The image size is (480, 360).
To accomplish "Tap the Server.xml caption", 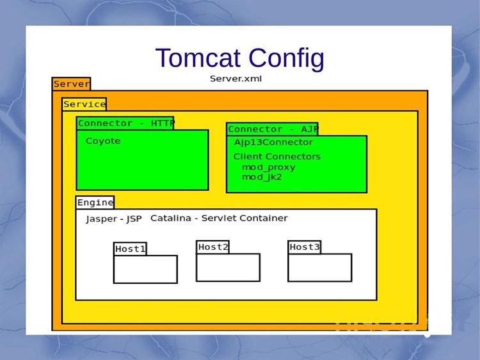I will coord(236,79).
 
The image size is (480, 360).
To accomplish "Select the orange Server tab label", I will coord(71,84).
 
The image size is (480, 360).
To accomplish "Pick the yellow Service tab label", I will coord(84,104).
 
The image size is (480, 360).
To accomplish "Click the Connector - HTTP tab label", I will coord(125,123).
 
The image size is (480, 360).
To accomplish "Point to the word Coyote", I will coord(103,141).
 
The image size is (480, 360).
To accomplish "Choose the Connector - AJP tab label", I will coord(273,129).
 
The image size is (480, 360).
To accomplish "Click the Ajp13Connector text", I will coord(273,142).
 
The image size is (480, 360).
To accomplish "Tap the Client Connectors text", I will coord(276,156).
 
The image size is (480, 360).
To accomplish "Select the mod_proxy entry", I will coord(268,167).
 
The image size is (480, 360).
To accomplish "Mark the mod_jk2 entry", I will coord(262,177).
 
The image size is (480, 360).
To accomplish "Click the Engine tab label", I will coord(95,202).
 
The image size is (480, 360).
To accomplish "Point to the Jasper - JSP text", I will coord(113,219).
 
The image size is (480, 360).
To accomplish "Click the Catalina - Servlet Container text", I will coord(219,218).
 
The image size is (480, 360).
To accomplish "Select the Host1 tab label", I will coord(131,249).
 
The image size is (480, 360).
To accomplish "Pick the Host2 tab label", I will coord(213,247).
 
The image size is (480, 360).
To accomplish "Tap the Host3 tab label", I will coord(304,247).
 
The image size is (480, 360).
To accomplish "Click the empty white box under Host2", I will coord(228,268).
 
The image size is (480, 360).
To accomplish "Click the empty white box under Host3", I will coord(319,268).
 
